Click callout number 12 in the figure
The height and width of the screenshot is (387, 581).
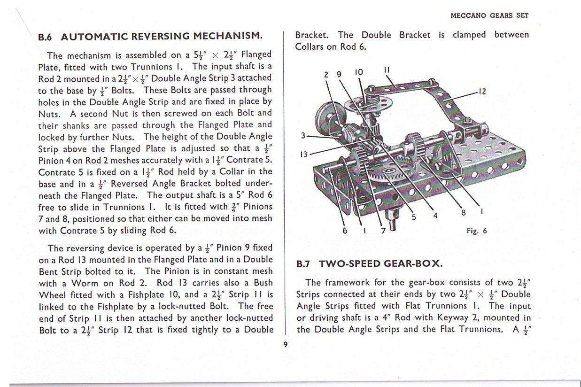coord(482,92)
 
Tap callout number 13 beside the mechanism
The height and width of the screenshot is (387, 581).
coord(304,155)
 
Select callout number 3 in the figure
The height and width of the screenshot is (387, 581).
coord(303,135)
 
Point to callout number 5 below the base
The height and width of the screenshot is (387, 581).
coord(414,217)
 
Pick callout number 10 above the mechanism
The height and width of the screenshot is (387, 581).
coord(359,72)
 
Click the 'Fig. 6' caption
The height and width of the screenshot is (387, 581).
coord(477,231)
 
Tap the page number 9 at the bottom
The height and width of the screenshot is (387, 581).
coord(285,344)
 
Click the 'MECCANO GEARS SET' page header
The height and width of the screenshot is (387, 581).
coord(489,15)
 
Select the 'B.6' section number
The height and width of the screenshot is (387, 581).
coord(45,37)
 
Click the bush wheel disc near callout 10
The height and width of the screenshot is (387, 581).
coord(368,104)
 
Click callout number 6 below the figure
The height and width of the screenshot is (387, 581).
coord(345,231)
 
